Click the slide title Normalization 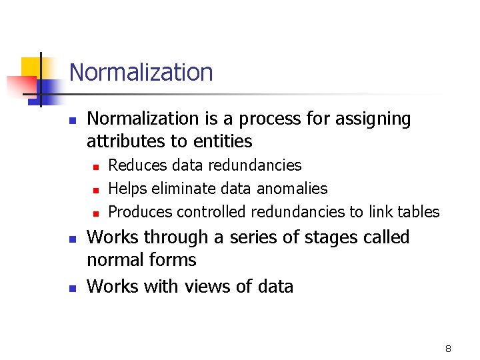tap(141, 72)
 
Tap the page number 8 tap(448, 349)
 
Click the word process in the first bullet tap(275, 119)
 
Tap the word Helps tap(127, 189)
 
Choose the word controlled tap(212, 212)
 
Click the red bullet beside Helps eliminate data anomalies tap(95, 190)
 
